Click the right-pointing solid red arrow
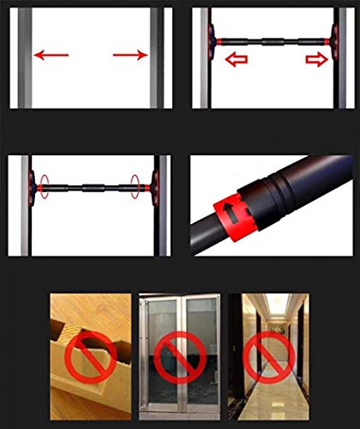click(130, 56)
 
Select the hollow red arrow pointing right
click(315, 60)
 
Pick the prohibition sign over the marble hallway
click(268, 357)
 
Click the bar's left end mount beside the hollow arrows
click(213, 39)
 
